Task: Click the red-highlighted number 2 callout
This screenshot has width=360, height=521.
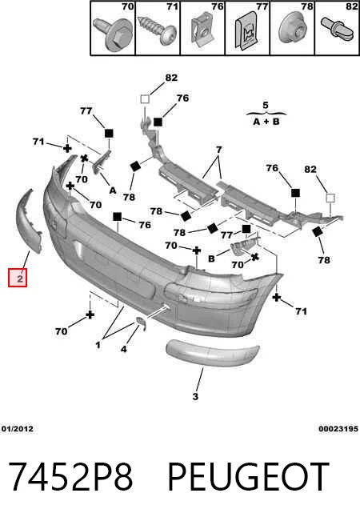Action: click(18, 278)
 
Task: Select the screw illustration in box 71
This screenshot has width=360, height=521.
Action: click(158, 30)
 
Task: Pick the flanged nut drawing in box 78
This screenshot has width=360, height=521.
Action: click(292, 29)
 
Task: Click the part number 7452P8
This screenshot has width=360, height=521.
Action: click(70, 477)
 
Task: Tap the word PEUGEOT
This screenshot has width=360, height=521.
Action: click(249, 477)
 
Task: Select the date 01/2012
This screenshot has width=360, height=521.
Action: click(18, 429)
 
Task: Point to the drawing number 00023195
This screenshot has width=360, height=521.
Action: click(338, 429)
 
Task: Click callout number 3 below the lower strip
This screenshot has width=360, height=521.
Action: click(195, 396)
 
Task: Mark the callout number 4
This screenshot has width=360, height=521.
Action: click(123, 349)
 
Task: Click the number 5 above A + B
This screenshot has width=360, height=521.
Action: click(266, 106)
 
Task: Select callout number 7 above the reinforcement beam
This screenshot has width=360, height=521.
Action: click(218, 150)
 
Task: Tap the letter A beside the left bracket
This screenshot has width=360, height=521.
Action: click(113, 190)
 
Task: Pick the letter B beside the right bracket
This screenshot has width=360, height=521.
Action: click(211, 258)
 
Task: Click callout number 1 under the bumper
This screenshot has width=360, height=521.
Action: click(98, 345)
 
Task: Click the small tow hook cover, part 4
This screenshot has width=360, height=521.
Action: click(141, 324)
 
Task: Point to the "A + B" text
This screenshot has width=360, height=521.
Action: click(266, 122)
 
